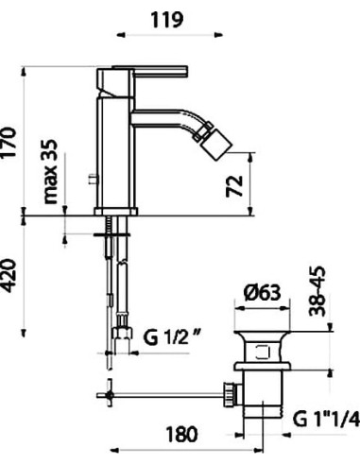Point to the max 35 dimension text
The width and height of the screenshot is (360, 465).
[49, 174]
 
